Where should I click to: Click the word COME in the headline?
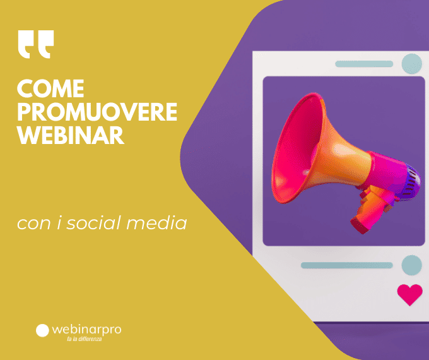click(x=50, y=88)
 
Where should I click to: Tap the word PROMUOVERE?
click(x=97, y=112)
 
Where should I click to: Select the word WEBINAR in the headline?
click(x=71, y=135)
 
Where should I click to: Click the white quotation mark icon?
click(x=36, y=44)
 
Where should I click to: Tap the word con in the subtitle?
click(x=34, y=224)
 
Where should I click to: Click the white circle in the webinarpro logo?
click(x=42, y=330)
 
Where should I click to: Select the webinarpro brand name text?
click(x=86, y=330)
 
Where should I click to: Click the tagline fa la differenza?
click(x=85, y=339)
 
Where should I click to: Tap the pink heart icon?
click(x=410, y=294)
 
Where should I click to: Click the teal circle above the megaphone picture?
click(x=412, y=64)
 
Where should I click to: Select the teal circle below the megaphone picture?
click(x=412, y=265)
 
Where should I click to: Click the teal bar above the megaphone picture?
click(x=364, y=64)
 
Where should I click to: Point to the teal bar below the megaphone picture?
click(x=347, y=265)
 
